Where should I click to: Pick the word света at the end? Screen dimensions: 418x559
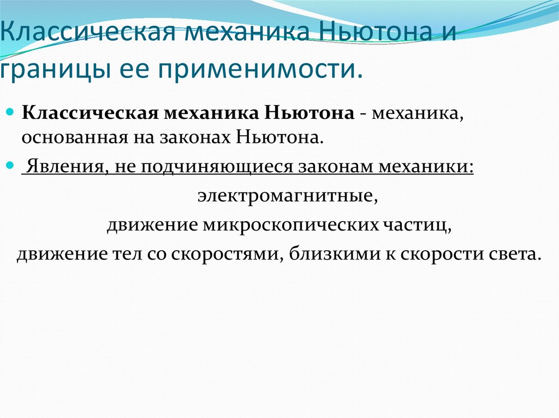coord(516,255)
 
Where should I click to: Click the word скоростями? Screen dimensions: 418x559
coord(228,255)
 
